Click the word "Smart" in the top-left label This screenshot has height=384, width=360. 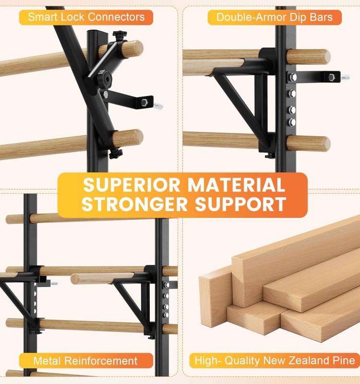(x=43, y=17)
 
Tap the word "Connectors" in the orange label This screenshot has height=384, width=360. (x=116, y=17)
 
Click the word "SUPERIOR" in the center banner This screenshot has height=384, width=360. (x=132, y=185)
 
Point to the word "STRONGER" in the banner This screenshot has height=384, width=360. (x=135, y=204)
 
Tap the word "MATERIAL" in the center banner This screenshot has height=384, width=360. (x=236, y=185)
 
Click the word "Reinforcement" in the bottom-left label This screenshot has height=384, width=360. (x=100, y=361)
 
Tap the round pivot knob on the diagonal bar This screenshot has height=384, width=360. (x=105, y=78)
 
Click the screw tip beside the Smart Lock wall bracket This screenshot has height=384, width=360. (x=158, y=106)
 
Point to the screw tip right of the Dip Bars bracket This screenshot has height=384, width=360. (x=346, y=78)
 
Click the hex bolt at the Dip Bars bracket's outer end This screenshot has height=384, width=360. (x=331, y=77)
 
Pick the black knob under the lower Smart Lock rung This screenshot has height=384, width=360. (x=116, y=154)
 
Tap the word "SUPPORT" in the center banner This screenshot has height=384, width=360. (x=240, y=204)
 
